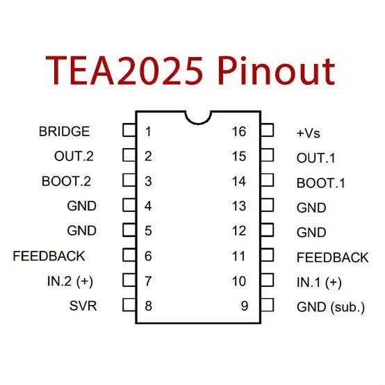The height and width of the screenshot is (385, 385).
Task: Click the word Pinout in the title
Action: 277,70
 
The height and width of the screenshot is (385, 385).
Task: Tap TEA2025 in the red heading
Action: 124,70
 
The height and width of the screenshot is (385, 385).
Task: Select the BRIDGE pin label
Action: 65,131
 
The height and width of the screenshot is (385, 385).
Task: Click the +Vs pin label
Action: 308,133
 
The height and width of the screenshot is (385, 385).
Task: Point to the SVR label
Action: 83,306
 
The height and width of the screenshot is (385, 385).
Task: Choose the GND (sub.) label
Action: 331,307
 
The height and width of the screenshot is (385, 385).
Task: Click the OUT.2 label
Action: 74,156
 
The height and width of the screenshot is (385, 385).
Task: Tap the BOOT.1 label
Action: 320,183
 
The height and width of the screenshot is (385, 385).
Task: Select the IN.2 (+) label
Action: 70,281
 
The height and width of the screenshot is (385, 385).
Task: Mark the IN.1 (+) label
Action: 319,282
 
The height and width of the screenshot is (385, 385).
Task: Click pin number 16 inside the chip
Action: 239,131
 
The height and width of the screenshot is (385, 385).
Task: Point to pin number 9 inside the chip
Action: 245,306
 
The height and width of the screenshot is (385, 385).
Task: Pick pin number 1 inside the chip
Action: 148,131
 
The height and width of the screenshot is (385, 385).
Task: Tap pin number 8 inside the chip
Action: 148,306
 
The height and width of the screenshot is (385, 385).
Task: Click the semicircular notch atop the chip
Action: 198,122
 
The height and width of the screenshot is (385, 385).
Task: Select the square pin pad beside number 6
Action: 129,255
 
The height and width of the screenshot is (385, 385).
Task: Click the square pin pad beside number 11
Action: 267,255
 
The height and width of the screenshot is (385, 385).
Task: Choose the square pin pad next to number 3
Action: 129,180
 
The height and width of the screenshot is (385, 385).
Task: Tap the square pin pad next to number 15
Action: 267,155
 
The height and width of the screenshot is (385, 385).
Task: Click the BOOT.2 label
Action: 66,181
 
